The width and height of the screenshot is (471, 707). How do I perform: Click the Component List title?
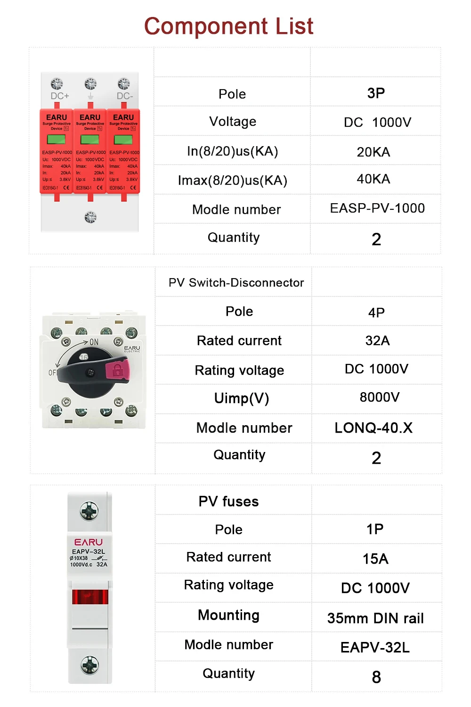(228, 26)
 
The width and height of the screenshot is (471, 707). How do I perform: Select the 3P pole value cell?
(376, 93)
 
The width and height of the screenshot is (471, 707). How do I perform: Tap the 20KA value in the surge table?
(374, 152)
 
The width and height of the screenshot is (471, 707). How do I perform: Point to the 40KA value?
(374, 179)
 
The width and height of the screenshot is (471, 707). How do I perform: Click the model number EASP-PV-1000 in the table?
(377, 208)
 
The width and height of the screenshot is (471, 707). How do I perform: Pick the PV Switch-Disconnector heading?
(236, 283)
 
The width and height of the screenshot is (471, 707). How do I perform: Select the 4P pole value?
(376, 312)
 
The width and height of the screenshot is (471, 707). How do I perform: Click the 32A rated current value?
(377, 341)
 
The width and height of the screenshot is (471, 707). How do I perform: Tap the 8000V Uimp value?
(380, 397)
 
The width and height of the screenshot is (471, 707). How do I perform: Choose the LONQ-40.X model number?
(374, 428)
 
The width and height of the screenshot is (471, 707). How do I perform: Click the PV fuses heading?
(228, 501)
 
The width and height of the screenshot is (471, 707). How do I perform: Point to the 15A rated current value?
(375, 559)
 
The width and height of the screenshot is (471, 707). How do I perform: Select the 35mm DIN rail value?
(375, 618)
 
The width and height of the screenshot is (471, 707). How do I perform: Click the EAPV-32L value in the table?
(375, 648)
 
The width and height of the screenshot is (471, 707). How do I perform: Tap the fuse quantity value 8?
(376, 677)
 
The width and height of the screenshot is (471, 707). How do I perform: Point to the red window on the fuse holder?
(90, 597)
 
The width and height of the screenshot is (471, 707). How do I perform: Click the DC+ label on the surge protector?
(60, 96)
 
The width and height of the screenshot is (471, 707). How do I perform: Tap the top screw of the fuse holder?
(89, 511)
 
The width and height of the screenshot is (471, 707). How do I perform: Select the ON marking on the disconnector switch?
(94, 342)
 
